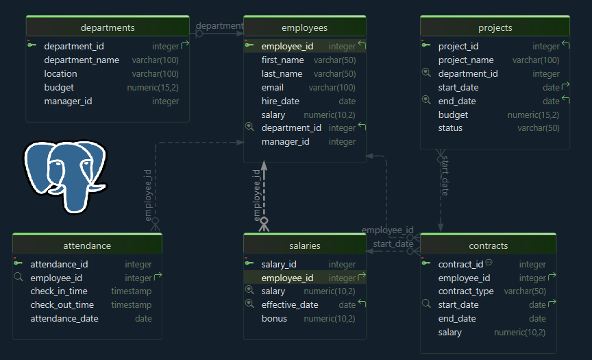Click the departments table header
point(108,27)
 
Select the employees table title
point(304,27)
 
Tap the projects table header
point(495,27)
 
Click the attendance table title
point(87,245)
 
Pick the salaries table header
point(304,245)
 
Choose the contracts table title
point(488,245)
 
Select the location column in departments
point(60,73)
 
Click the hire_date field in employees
point(280,101)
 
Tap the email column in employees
point(272,87)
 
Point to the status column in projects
point(450,128)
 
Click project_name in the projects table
point(466,60)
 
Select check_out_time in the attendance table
point(62,304)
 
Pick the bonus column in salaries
point(274,318)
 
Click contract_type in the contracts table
point(466,291)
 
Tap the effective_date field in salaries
point(290,304)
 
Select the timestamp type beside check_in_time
point(131,291)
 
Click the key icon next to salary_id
point(249,264)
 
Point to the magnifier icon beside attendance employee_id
point(18,278)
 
